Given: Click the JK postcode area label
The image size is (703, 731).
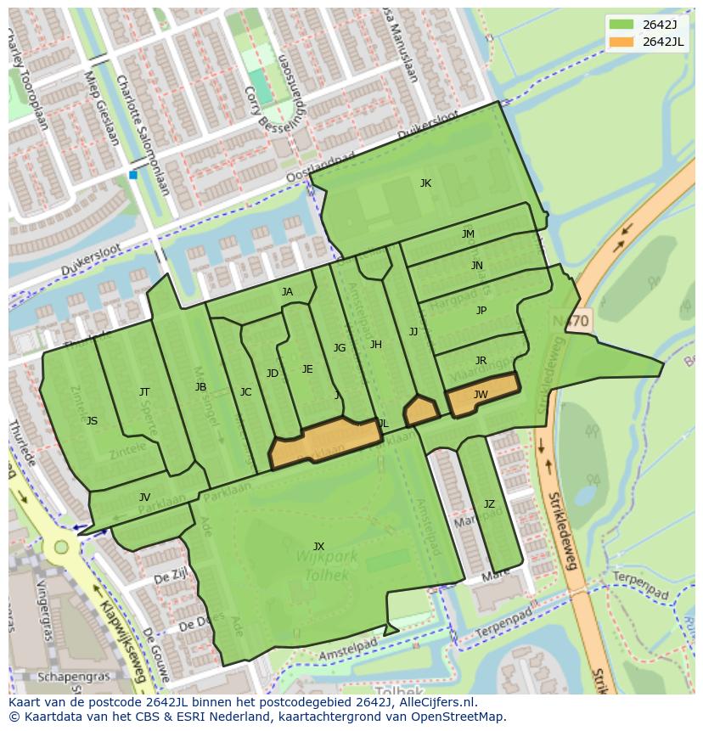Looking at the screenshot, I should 425,183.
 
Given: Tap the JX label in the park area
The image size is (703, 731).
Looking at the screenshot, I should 318,546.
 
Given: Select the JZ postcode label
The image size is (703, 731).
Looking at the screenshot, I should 489,504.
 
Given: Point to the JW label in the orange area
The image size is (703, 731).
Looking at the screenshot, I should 481,394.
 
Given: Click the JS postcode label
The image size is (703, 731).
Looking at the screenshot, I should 92,421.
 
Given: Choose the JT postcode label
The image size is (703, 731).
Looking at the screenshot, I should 144,391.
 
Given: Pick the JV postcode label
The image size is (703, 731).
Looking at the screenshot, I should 144,498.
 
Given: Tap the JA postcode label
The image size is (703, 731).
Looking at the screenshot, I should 287,292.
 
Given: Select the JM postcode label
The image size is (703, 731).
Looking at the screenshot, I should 468,234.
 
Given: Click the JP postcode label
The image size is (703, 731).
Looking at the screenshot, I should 481,311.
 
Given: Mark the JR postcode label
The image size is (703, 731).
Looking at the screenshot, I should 481,361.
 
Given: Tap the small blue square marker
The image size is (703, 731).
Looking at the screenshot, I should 133,175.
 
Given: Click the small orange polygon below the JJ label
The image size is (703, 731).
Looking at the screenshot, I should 420,412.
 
